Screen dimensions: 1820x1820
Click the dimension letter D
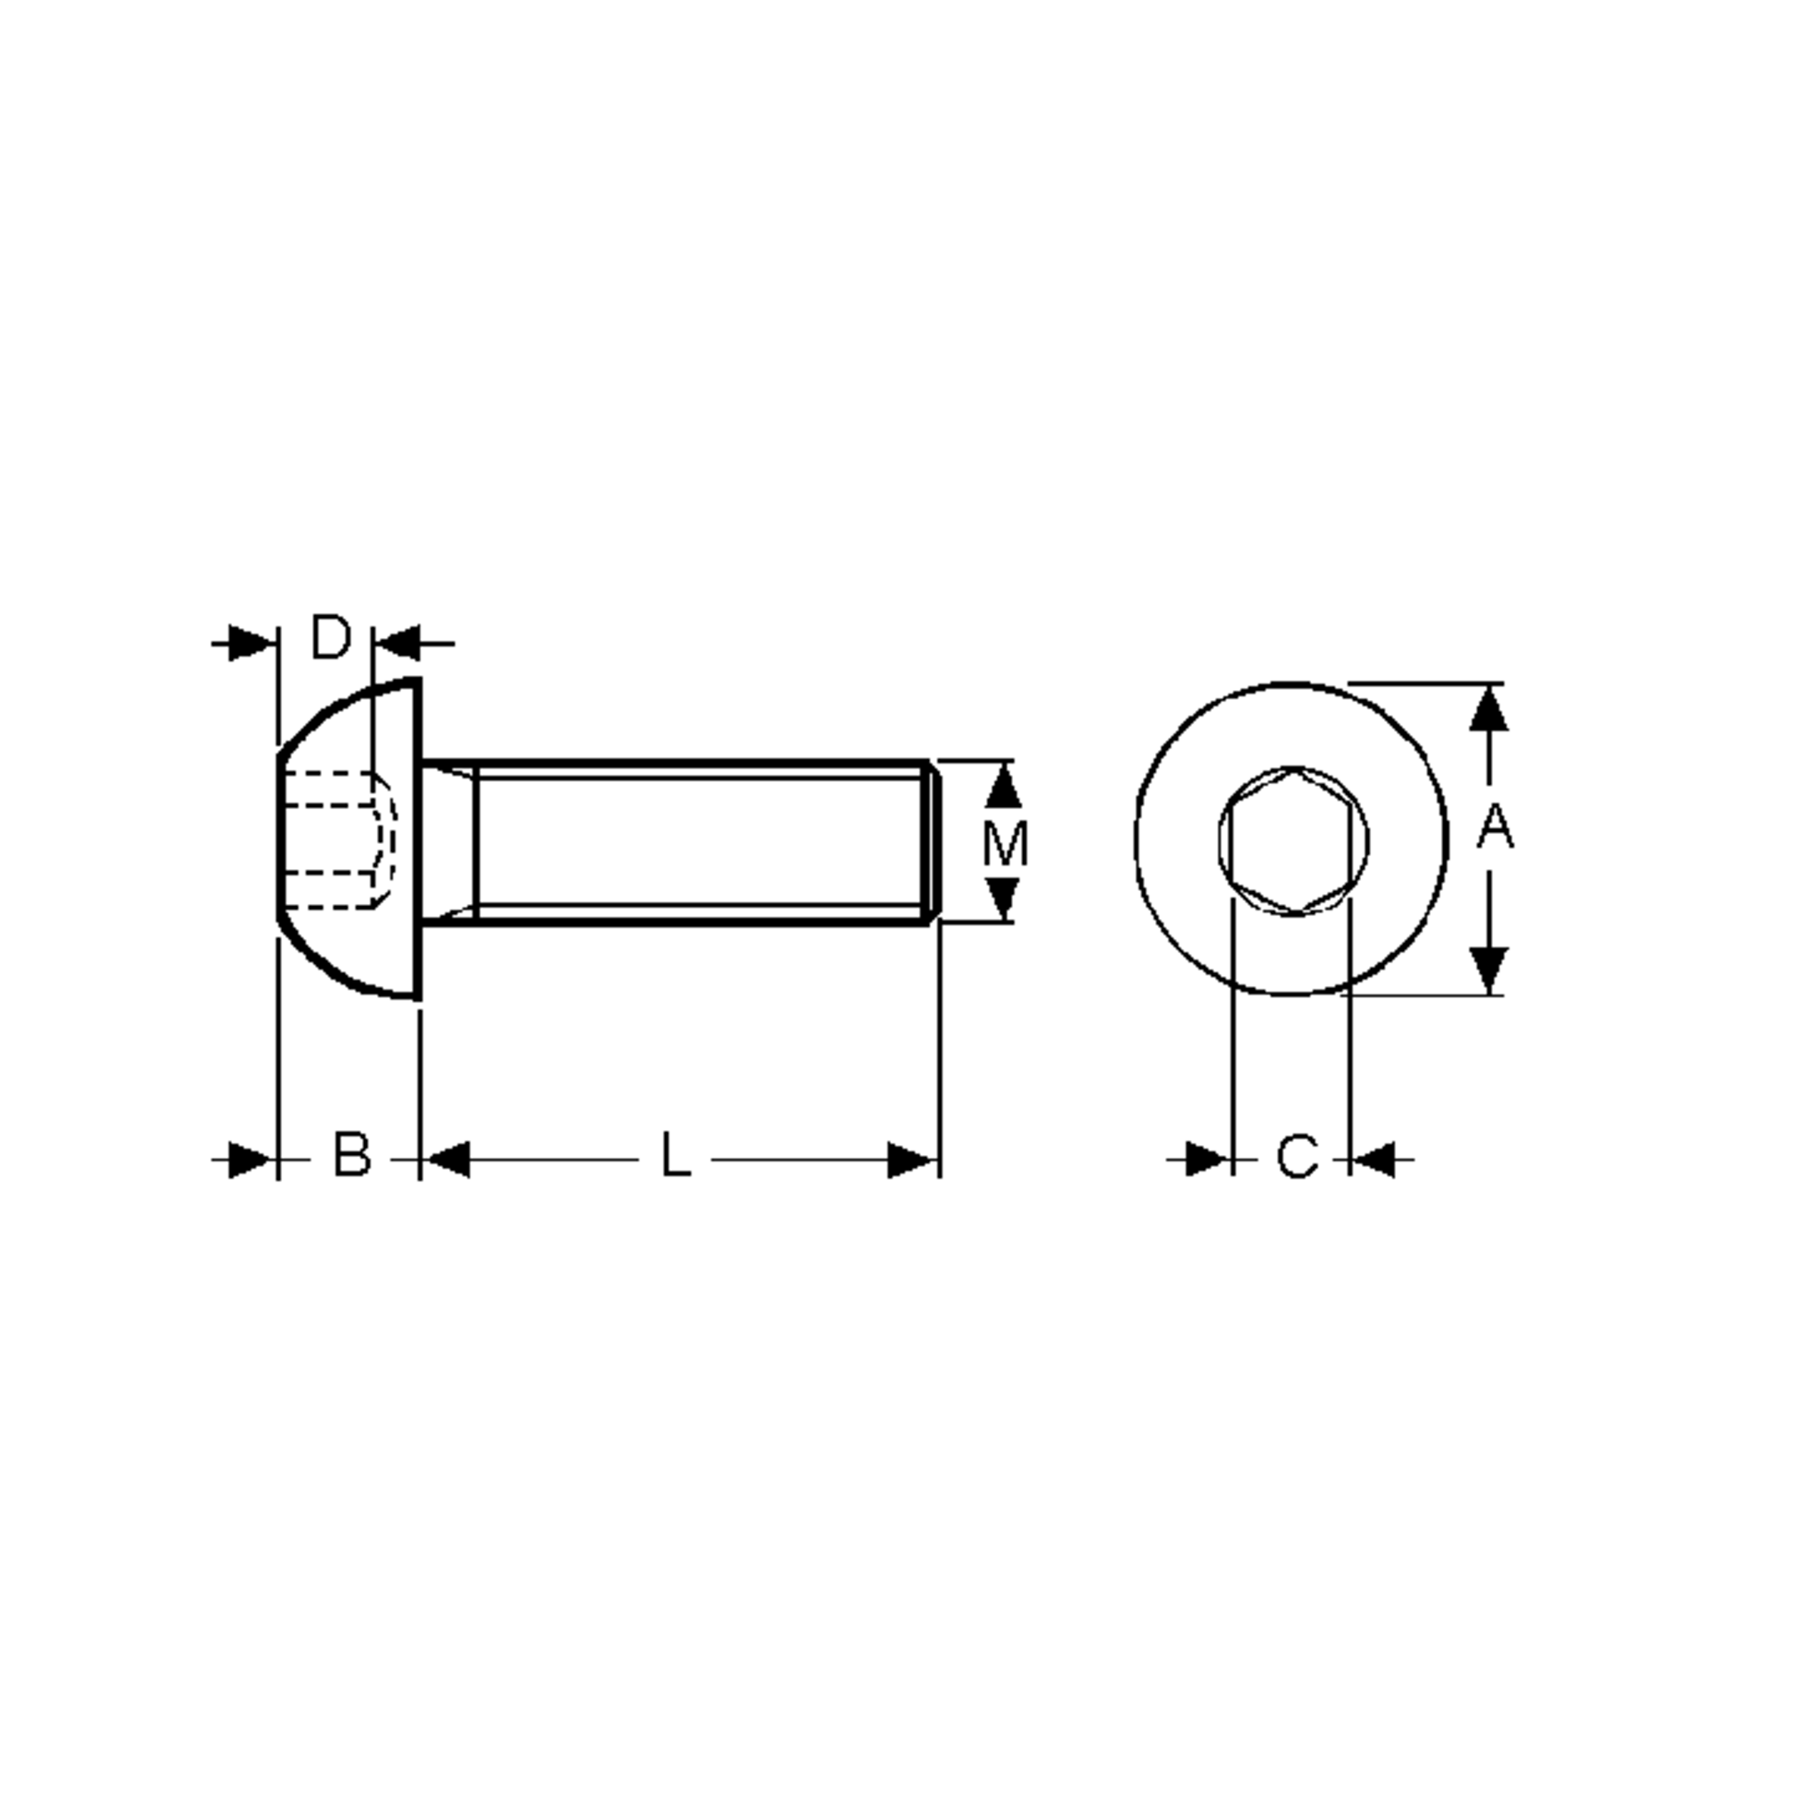click(331, 638)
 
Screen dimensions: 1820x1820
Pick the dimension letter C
click(1298, 1156)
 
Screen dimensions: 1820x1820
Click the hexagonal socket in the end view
click(1294, 840)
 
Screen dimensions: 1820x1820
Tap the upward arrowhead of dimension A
click(1489, 708)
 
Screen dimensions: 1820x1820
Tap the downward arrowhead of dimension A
click(1489, 971)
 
